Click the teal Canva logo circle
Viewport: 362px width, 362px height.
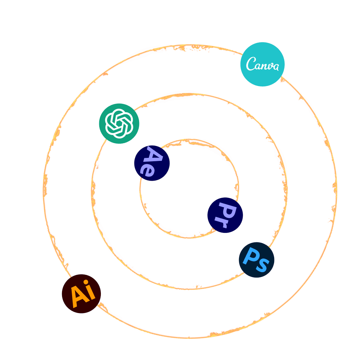pyautogui.click(x=262, y=64)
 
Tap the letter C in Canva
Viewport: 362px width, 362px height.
pyautogui.click(x=250, y=64)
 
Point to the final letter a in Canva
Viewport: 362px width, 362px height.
pyautogui.click(x=275, y=67)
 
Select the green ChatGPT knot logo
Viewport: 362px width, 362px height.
pyautogui.click(x=119, y=123)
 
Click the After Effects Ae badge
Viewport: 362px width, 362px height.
pyautogui.click(x=152, y=163)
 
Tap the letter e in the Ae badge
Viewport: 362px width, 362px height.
pyautogui.click(x=148, y=170)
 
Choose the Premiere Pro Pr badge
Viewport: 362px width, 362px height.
pyautogui.click(x=225, y=215)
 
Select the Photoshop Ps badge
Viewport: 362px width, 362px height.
pyautogui.click(x=256, y=260)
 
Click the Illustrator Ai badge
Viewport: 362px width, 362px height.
pyautogui.click(x=81, y=294)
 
